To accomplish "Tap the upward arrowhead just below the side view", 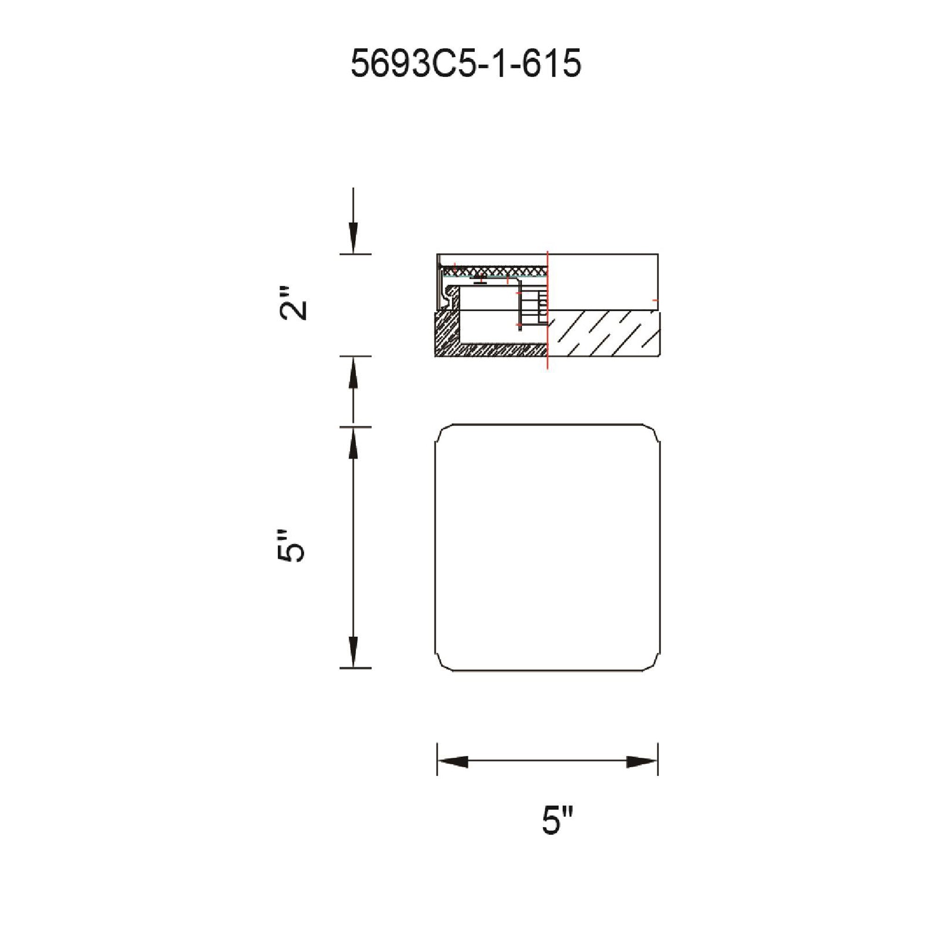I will [x=354, y=373].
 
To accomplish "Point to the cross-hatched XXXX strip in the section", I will [x=497, y=273].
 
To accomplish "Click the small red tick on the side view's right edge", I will [x=655, y=300].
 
